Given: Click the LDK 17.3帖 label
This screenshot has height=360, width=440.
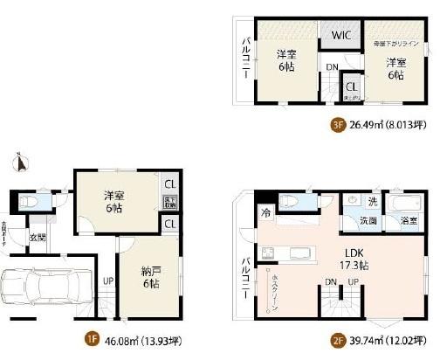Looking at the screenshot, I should (349, 256).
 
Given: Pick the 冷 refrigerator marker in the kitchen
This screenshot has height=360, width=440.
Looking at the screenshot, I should (263, 213).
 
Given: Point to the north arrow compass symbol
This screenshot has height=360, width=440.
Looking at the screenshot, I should (19, 162).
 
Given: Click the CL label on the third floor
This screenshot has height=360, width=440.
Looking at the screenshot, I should (350, 87).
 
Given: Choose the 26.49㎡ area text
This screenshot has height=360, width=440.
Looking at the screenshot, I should (369, 124).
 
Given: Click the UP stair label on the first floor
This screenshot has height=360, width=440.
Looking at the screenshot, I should (108, 281).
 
